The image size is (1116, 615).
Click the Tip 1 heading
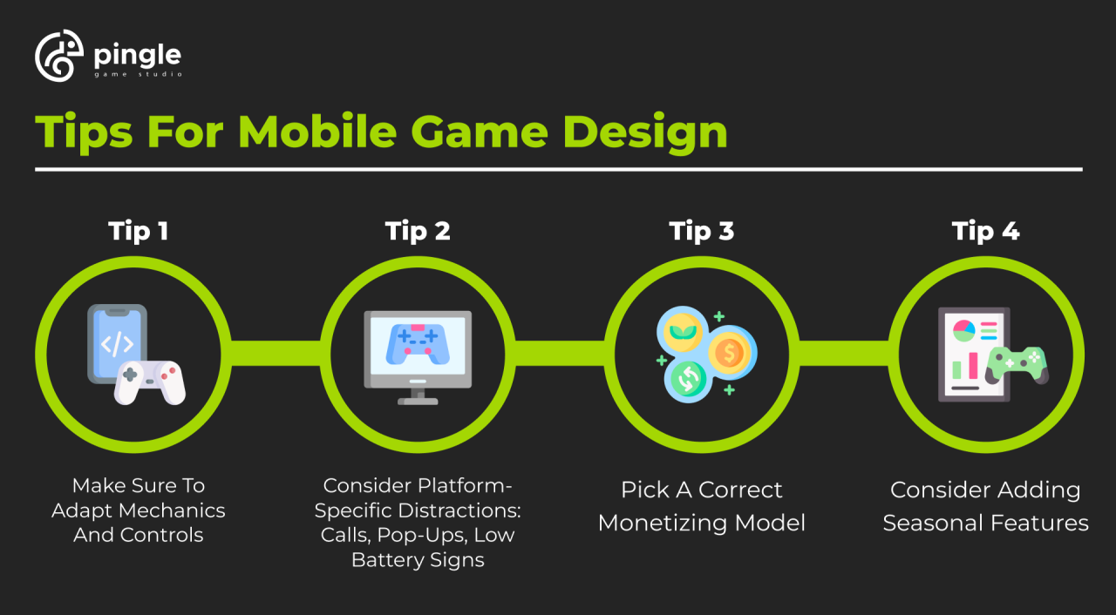pos(138,231)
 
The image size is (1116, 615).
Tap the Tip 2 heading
pos(418,231)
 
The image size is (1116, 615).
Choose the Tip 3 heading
pos(701,231)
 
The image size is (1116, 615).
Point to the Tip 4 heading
pos(985,231)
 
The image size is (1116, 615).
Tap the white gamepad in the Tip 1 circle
pos(150,382)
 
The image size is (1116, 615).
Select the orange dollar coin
pos(731,353)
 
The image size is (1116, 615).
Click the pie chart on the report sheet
pos(963,330)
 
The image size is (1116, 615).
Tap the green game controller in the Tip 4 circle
pos(1016,365)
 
